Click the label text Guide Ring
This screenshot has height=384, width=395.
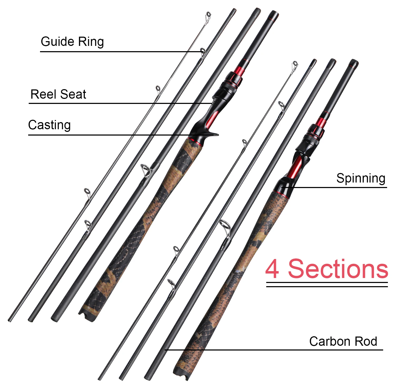[x=72, y=42]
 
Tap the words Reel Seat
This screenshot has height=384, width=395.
[x=58, y=94]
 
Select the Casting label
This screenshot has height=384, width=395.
[x=49, y=125]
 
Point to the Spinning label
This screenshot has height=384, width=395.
[x=361, y=178]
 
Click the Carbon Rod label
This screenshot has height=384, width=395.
[x=343, y=341]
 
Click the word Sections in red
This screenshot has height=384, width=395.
[x=338, y=269]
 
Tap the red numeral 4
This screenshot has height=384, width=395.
[x=272, y=269]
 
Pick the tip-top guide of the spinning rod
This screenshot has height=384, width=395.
[x=295, y=65]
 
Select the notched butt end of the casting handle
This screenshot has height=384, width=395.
[x=87, y=315]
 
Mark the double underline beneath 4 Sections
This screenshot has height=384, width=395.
[x=327, y=284]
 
